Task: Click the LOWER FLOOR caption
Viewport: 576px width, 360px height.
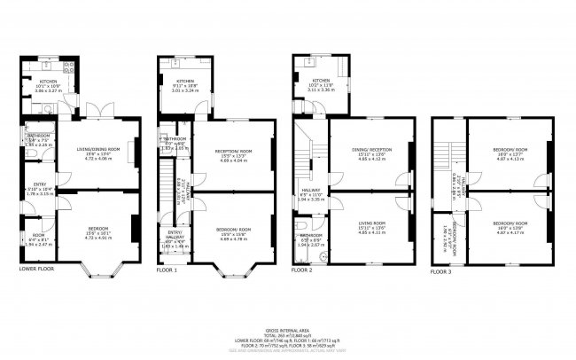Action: (x=36, y=269)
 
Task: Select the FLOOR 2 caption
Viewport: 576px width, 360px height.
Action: (x=305, y=269)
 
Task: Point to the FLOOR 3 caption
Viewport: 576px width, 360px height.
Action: (x=441, y=271)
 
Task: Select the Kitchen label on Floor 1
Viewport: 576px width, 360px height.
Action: (x=185, y=81)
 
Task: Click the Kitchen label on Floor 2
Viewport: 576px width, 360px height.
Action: (x=322, y=81)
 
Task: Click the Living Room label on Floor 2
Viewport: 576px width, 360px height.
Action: (x=371, y=223)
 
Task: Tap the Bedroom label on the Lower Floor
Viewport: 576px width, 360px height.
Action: (x=97, y=227)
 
